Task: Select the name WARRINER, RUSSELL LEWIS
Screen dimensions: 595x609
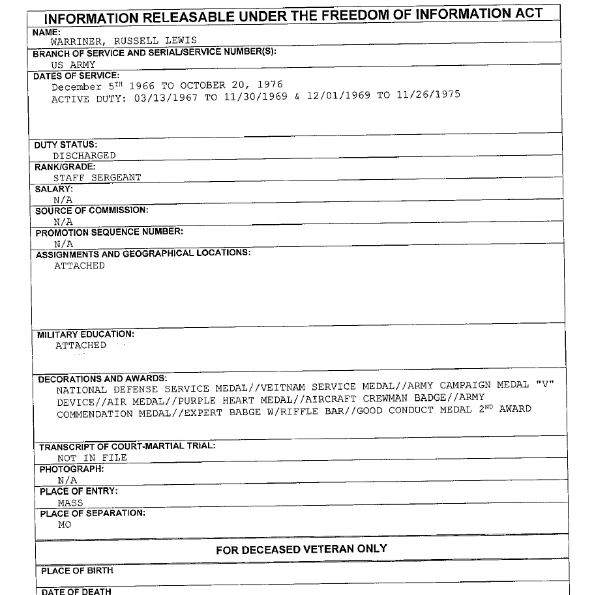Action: [123, 41]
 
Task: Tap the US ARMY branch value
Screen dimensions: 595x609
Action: [73, 65]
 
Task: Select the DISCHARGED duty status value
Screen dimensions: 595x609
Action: [84, 156]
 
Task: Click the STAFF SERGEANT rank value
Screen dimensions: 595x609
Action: [97, 177]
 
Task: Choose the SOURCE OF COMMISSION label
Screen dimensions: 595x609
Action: [91, 210]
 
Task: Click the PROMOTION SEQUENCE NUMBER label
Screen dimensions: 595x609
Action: [109, 232]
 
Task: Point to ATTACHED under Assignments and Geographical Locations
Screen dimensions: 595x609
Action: [80, 266]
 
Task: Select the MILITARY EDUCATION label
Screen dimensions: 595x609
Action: [85, 334]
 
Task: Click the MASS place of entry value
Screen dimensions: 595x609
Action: [70, 502]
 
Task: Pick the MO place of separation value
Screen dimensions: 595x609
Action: [65, 524]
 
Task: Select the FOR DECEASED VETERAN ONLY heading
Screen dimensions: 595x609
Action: [301, 549]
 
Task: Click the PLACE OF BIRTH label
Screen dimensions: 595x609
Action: [77, 571]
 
